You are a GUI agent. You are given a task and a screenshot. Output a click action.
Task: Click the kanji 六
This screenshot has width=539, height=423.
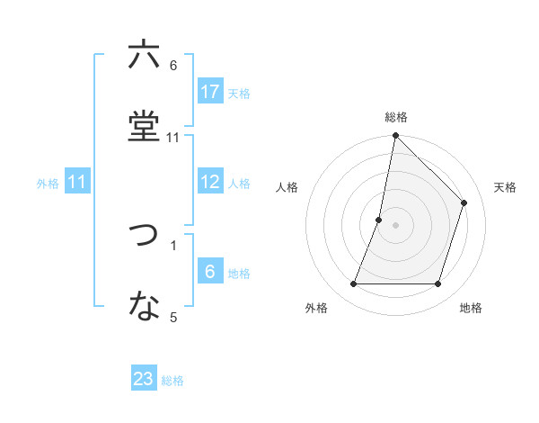click(x=144, y=55)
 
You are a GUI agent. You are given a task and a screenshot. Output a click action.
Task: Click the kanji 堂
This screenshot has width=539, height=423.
click(x=144, y=125)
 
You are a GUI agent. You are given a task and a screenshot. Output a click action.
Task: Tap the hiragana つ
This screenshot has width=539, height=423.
click(x=144, y=236)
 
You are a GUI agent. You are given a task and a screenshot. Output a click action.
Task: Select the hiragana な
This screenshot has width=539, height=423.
click(x=144, y=306)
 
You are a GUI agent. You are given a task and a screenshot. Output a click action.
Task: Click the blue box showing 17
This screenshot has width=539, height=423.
click(x=210, y=92)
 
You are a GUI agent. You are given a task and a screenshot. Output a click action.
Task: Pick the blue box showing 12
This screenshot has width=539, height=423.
click(x=210, y=182)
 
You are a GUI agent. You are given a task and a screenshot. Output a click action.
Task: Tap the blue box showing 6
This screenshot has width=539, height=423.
click(x=210, y=272)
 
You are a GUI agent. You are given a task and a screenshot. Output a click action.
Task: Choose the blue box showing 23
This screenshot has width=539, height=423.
click(x=144, y=379)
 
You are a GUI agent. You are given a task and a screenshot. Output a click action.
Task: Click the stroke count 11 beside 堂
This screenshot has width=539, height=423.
click(x=173, y=137)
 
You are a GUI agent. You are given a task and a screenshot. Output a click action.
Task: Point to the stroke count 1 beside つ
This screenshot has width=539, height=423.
click(x=173, y=245)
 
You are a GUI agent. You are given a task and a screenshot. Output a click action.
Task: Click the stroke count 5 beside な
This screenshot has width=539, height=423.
click(x=173, y=317)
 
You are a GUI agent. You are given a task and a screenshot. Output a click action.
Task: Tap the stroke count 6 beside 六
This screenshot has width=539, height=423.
click(x=173, y=66)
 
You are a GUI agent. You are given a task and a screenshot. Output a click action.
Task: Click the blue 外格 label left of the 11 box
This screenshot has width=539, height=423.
click(x=48, y=184)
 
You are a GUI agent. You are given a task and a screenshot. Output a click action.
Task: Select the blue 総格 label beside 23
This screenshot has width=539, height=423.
click(x=172, y=381)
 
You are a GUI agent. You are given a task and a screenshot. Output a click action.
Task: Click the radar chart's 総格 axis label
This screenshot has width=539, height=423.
click(x=396, y=117)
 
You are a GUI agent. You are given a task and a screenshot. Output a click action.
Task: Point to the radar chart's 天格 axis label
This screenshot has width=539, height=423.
click(x=505, y=187)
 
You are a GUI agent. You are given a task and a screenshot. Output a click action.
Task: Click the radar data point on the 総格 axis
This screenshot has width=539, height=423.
click(x=395, y=137)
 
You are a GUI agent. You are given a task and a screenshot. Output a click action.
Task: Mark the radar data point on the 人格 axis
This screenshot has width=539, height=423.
click(x=379, y=220)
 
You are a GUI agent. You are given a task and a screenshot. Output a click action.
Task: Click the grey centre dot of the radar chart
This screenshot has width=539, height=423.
click(x=395, y=225)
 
